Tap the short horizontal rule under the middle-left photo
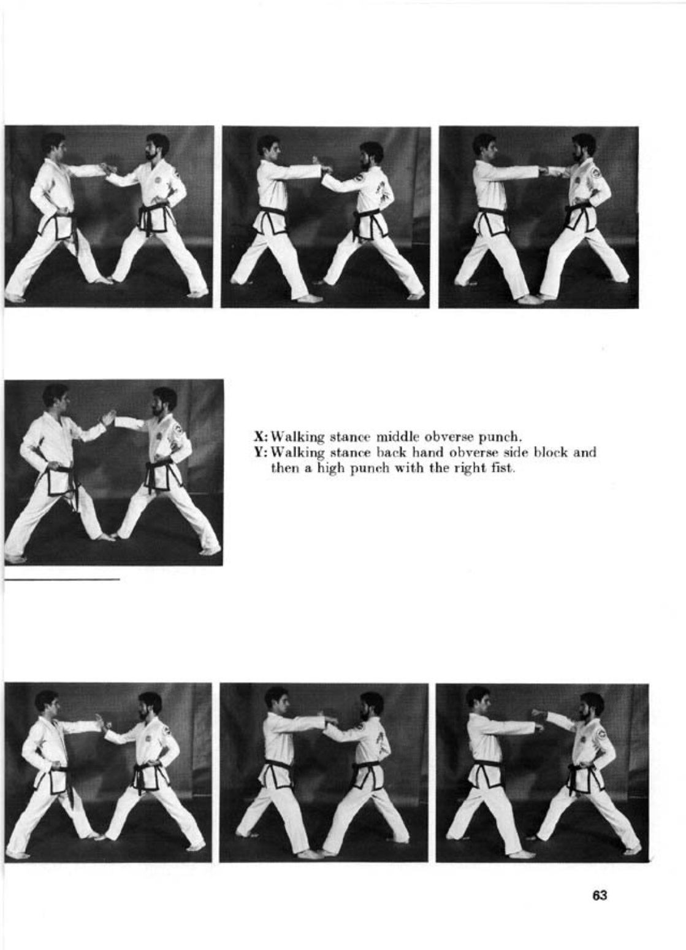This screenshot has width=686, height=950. click(x=62, y=578)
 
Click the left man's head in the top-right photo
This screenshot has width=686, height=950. click(x=485, y=146)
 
